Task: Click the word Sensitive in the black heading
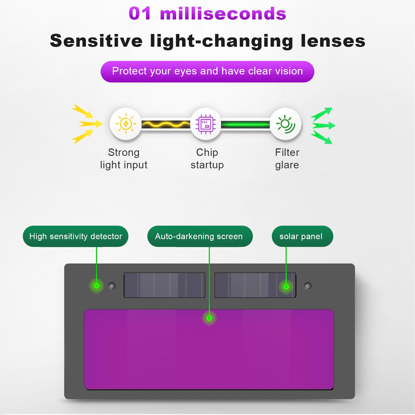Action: tap(96, 41)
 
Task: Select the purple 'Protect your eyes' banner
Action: tap(207, 71)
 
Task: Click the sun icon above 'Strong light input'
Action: tap(126, 124)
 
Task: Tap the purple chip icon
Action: tap(206, 124)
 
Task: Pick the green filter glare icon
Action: tap(286, 124)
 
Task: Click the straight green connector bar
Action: tap(245, 125)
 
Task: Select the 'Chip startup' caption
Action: tap(207, 158)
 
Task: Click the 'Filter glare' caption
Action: tap(287, 158)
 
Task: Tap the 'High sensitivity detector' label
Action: tap(75, 236)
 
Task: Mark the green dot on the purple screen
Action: tap(209, 318)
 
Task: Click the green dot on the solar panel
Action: tap(286, 287)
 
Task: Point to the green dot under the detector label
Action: tap(96, 286)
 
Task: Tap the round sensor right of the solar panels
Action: tap(308, 286)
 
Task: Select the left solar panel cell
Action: tap(164, 285)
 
